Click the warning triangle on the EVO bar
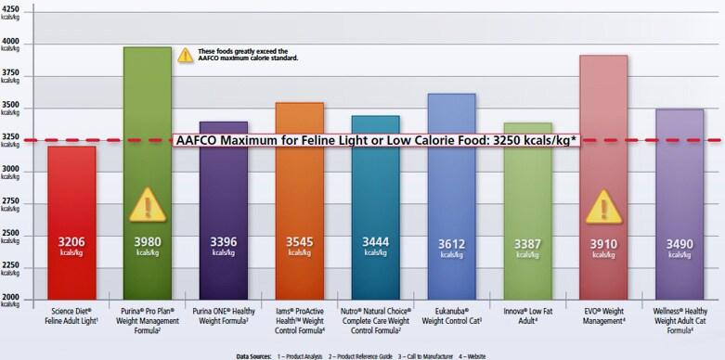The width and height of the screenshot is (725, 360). point(604,206)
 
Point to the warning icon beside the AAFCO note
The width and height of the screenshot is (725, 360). point(186,55)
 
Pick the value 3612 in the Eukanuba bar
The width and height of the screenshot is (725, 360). point(452,244)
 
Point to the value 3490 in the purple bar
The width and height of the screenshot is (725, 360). point(680,244)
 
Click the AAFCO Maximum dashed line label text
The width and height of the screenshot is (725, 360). point(376,140)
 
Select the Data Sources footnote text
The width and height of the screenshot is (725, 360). point(361,354)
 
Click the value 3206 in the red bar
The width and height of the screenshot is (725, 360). point(71,244)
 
